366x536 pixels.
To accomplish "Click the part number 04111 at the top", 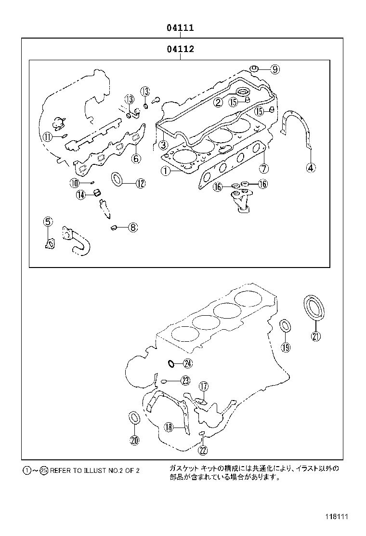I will (180, 28).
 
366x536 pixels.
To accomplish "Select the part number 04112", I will (180, 49).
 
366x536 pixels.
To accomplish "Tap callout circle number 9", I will (274, 69).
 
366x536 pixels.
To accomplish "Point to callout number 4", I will (311, 167).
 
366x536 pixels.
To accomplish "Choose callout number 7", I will (263, 168).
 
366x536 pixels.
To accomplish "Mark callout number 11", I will (47, 137).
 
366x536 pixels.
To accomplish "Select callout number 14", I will (81, 195).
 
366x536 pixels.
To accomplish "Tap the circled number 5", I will (48, 222).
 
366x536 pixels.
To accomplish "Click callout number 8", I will (132, 228).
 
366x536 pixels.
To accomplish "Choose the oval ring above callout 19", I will (285, 326).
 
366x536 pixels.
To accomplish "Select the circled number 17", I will (203, 386).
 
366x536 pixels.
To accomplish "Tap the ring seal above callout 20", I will (134, 418).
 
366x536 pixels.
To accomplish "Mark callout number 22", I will (203, 450).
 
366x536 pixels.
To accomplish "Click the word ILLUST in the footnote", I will (96, 470).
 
